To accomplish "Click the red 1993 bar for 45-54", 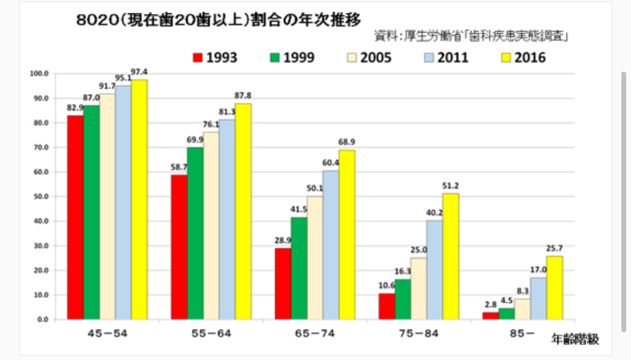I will tap(75, 217).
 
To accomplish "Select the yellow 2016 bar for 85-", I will tap(554, 288).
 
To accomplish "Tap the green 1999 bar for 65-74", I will tap(299, 268).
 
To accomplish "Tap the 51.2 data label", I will tap(450, 186).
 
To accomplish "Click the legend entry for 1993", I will tap(215, 57).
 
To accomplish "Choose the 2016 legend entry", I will tap(522, 57).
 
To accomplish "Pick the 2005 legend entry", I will tap(368, 57).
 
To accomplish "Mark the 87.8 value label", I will tap(242, 95).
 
